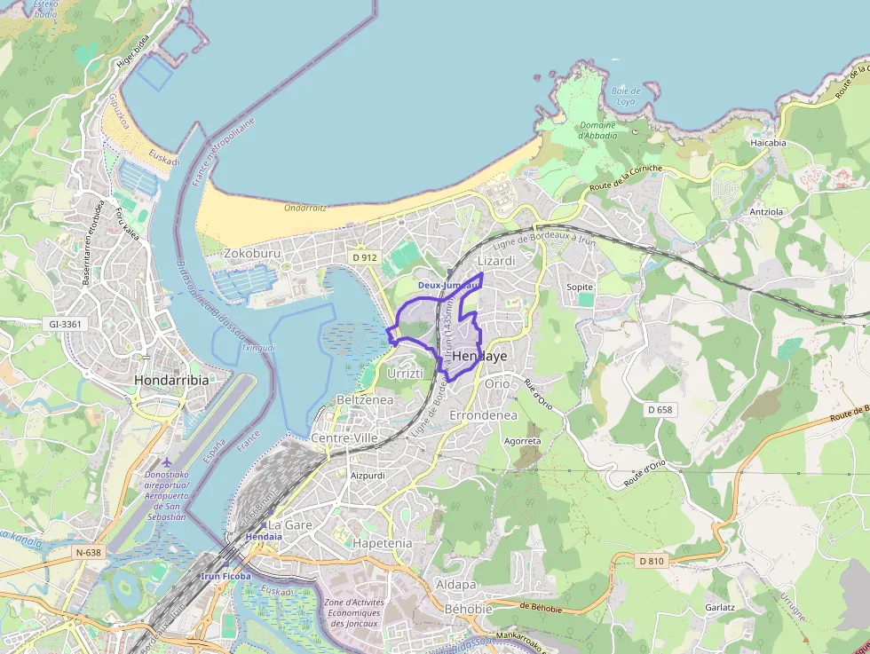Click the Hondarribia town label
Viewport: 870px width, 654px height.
point(172,380)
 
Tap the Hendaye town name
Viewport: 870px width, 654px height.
point(479,356)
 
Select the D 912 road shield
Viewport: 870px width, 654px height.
point(364,257)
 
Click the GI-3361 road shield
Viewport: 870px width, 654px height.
point(66,324)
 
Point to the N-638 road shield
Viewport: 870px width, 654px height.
point(89,552)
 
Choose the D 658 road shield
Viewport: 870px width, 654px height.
point(660,410)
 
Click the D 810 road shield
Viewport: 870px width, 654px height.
point(651,561)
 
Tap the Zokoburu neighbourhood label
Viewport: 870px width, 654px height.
point(253,253)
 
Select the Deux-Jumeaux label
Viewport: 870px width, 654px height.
point(448,285)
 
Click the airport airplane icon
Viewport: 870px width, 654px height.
point(167,462)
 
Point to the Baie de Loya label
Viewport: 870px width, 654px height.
point(625,96)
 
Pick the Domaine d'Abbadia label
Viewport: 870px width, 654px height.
point(597,130)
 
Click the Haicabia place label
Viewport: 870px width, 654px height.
point(768,142)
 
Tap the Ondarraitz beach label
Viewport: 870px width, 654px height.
point(305,208)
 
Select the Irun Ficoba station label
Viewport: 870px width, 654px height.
point(226,576)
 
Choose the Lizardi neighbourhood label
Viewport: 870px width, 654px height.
point(496,261)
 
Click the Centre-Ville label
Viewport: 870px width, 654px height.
point(344,438)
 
